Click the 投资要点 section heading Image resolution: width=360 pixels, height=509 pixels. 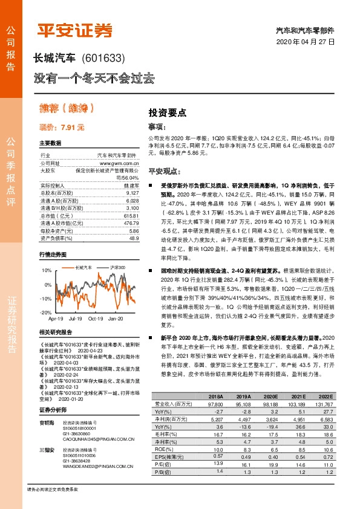(x=168, y=112)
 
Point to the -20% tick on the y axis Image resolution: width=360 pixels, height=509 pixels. (x=46, y=312)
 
